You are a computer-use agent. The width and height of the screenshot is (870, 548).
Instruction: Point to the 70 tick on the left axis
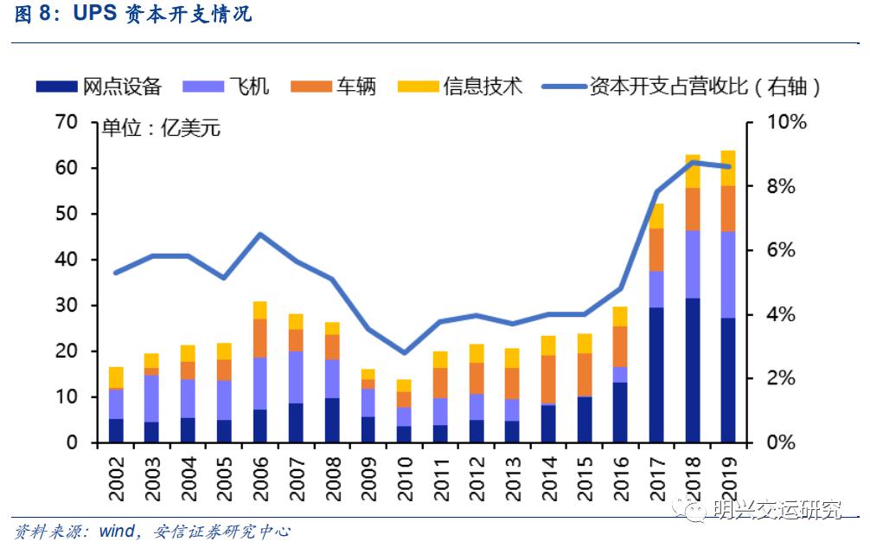point(66,122)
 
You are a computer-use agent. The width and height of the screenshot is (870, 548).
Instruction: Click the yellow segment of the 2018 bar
point(693,171)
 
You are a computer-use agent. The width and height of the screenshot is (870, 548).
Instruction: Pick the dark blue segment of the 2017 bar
point(656,374)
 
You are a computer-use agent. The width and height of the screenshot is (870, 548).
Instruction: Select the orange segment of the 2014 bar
point(548,379)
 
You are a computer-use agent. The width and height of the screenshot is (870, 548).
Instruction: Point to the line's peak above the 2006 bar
point(260,235)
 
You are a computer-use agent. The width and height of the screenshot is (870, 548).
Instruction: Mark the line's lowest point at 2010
point(403,352)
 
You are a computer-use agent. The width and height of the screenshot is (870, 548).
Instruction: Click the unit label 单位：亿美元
point(161,129)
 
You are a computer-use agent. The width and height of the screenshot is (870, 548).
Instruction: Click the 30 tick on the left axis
point(66,306)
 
